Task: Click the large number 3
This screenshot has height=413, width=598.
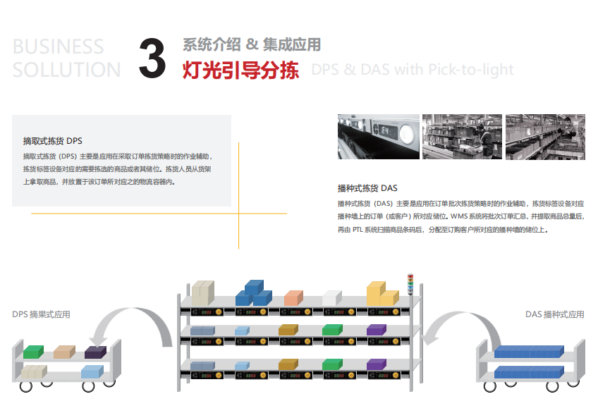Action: click(152, 58)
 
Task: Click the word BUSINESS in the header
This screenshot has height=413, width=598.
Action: click(59, 47)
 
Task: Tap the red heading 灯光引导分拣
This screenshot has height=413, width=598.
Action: click(240, 70)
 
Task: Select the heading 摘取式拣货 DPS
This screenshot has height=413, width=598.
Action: click(53, 141)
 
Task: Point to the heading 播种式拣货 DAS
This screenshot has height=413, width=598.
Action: click(367, 188)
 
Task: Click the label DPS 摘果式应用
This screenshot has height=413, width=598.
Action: click(41, 314)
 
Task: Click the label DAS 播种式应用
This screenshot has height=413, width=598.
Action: click(555, 314)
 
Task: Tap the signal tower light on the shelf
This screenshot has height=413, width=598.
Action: click(410, 284)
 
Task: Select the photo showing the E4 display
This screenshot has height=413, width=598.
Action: click(378, 137)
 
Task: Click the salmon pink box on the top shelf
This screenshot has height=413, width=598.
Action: click(293, 298)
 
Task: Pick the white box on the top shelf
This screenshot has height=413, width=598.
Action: click(332, 298)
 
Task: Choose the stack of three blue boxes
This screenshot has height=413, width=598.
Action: click(254, 292)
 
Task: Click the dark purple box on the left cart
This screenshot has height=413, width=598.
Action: click(95, 352)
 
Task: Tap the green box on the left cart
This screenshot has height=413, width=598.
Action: click(33, 352)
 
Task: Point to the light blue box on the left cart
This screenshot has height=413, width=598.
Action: click(92, 372)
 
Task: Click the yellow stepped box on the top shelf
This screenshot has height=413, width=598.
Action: click(382, 293)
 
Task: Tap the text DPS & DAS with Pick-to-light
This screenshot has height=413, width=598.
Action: click(413, 70)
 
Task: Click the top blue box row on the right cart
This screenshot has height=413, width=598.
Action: click(529, 352)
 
